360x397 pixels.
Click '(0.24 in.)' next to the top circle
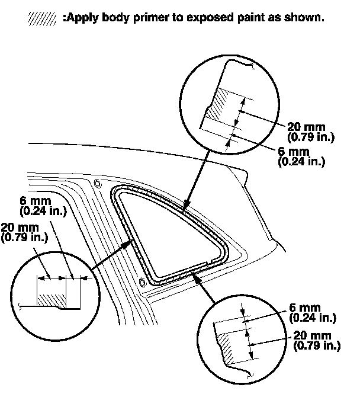(301, 161)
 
